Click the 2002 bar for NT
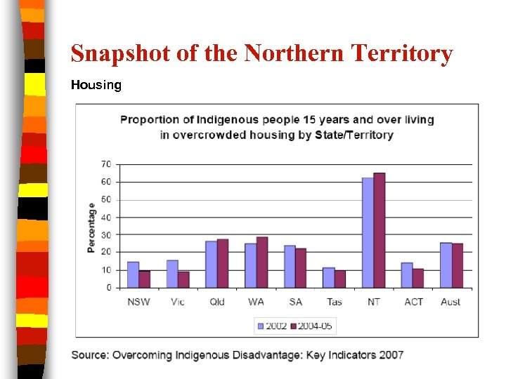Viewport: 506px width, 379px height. pos(368,233)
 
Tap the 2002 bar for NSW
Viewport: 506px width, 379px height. pos(133,275)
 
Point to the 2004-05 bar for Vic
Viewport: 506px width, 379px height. pos(183,280)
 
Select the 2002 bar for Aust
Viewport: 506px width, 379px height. pos(446,265)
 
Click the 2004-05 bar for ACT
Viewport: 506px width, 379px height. pos(418,279)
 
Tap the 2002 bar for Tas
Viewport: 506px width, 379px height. pos(328,278)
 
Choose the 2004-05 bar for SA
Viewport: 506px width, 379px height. pos(301,268)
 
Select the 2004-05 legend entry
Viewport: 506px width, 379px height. pos(312,325)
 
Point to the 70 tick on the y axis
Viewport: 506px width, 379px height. pos(106,164)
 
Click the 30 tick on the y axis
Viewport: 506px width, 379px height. pos(106,234)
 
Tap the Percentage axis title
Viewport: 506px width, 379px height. pos(91,227)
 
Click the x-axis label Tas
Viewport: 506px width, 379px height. pos(334,302)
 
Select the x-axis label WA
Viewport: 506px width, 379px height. pos(256,302)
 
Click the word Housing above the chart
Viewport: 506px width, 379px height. pos(96,85)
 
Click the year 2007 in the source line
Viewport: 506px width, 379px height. pos(391,354)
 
